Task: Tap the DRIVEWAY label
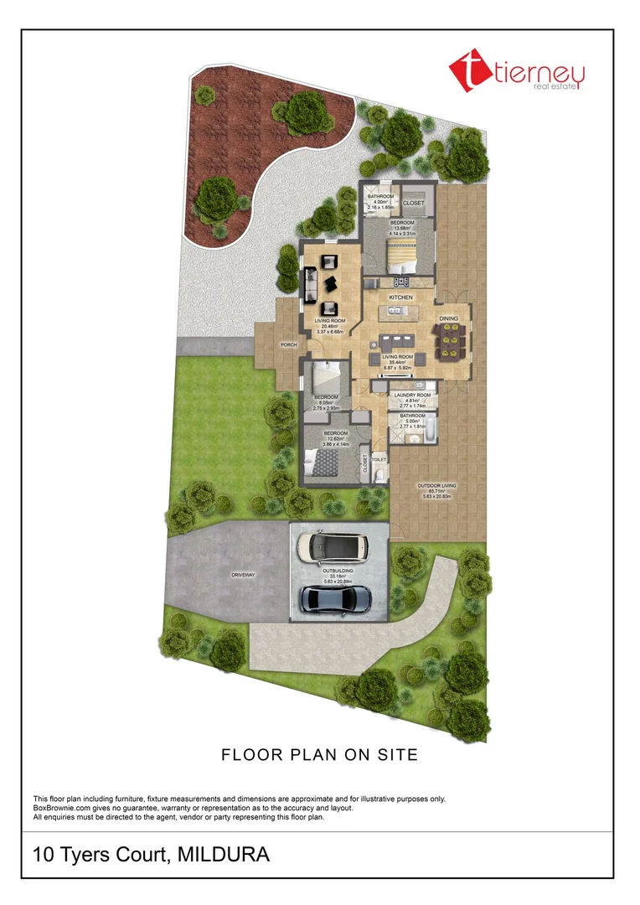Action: coord(244,576)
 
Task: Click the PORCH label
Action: coord(289,344)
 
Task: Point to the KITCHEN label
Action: coord(400,297)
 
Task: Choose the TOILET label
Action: coord(379,459)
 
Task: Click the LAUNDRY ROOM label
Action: coord(412,395)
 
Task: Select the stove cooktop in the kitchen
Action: coord(400,281)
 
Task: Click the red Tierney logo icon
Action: coord(465,70)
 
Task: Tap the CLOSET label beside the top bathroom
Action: coord(414,204)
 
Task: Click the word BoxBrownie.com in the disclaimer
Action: coord(65,809)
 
